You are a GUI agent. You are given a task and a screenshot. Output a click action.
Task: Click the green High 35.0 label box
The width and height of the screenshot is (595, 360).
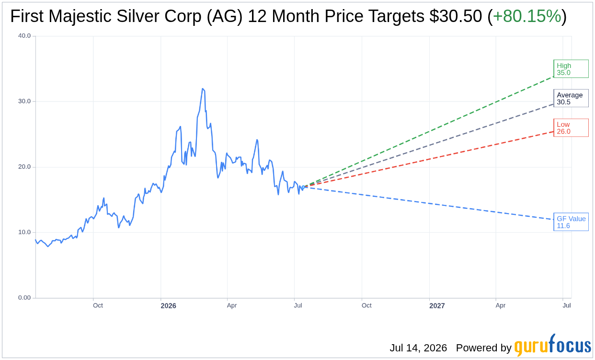tap(571, 69)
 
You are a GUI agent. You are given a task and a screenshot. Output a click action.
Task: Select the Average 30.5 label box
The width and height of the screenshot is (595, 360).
tap(571, 98)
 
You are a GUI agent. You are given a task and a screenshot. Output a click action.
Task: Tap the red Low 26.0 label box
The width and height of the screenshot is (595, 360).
tap(571, 128)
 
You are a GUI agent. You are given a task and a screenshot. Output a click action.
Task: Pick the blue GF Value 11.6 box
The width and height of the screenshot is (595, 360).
tap(571, 222)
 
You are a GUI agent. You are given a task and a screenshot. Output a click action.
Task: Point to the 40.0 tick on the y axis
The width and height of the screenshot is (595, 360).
tap(24, 36)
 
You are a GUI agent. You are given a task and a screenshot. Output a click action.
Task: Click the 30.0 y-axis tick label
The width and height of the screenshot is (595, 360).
tap(24, 101)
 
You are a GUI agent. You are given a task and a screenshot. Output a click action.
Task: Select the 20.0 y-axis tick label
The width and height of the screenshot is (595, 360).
tap(24, 167)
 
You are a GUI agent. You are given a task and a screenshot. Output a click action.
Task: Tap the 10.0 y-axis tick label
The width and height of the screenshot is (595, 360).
tap(24, 232)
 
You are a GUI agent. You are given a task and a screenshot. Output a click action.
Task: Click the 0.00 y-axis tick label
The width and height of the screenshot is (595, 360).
tap(24, 298)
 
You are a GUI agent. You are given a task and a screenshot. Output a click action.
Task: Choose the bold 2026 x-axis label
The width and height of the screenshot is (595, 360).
tap(169, 306)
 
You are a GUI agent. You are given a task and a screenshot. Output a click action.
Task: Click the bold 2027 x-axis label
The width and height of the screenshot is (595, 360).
tap(437, 306)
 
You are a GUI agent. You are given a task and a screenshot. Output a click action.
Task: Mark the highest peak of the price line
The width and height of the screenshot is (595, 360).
tap(203, 89)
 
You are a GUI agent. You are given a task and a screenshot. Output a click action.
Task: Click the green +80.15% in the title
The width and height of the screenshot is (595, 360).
tap(527, 16)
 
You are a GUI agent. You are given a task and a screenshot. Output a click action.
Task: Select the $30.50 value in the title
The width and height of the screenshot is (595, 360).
tap(456, 16)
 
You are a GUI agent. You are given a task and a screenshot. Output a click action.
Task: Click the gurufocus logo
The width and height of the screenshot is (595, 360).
tap(552, 346)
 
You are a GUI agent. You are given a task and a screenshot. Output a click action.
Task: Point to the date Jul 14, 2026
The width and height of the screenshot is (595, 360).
tap(418, 348)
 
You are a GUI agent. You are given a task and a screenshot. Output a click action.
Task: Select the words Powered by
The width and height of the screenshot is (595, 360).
tap(484, 348)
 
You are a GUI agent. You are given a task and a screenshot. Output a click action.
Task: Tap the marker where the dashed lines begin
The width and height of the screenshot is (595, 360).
tap(303, 187)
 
